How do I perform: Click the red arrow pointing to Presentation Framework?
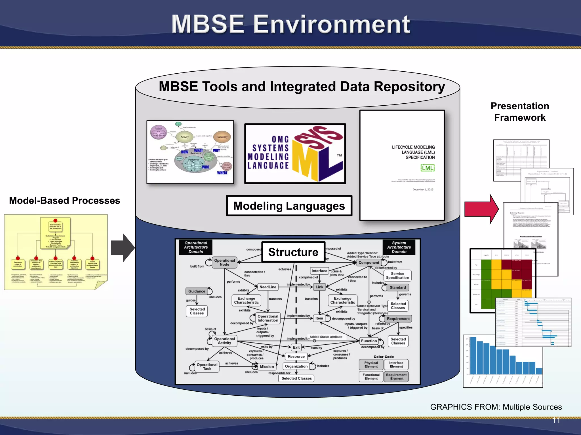click(x=481, y=209)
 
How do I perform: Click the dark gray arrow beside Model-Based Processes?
click(x=122, y=248)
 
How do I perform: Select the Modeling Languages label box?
click(x=289, y=206)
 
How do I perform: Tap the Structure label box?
click(x=293, y=252)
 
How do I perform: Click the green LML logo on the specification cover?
click(x=427, y=168)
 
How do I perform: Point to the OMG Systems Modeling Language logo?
click(x=295, y=154)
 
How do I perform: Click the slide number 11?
click(x=556, y=420)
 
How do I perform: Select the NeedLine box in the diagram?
click(x=268, y=287)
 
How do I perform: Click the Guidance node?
click(x=197, y=291)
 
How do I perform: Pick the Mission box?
click(x=267, y=366)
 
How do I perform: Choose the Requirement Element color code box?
click(x=396, y=377)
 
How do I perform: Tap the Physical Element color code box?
click(x=371, y=364)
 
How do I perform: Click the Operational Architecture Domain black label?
click(x=196, y=247)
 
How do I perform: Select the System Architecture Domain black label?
click(x=399, y=247)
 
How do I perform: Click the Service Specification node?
click(x=397, y=276)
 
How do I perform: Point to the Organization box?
click(x=296, y=366)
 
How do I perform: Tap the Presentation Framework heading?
click(x=520, y=112)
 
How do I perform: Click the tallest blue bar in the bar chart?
click(x=473, y=355)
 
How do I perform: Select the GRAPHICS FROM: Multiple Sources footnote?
click(x=496, y=407)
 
